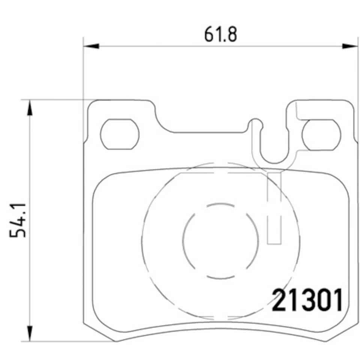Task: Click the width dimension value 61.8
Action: point(221,34)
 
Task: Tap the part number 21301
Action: point(307,300)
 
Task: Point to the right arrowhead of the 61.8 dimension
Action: point(350,46)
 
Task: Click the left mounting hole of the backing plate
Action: point(120,134)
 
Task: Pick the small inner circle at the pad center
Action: point(220,240)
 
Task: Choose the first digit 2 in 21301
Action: point(280,300)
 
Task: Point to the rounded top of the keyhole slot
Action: point(256,122)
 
